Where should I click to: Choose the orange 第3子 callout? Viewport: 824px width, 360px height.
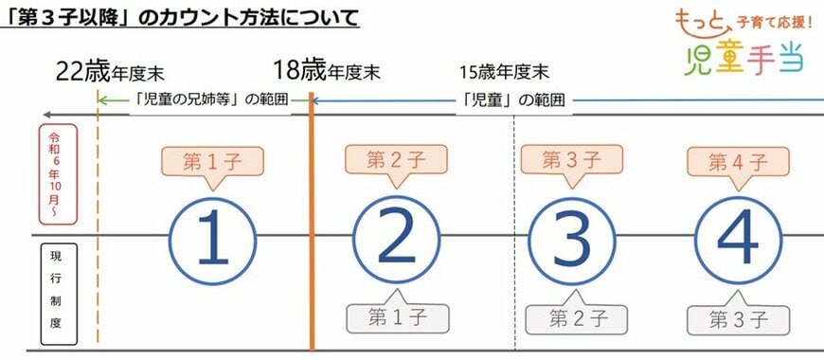click(572, 159)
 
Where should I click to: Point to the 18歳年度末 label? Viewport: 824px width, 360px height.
click(327, 71)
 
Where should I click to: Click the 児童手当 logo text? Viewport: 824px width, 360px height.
click(743, 60)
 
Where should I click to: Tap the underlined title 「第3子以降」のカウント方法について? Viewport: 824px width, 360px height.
click(180, 17)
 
